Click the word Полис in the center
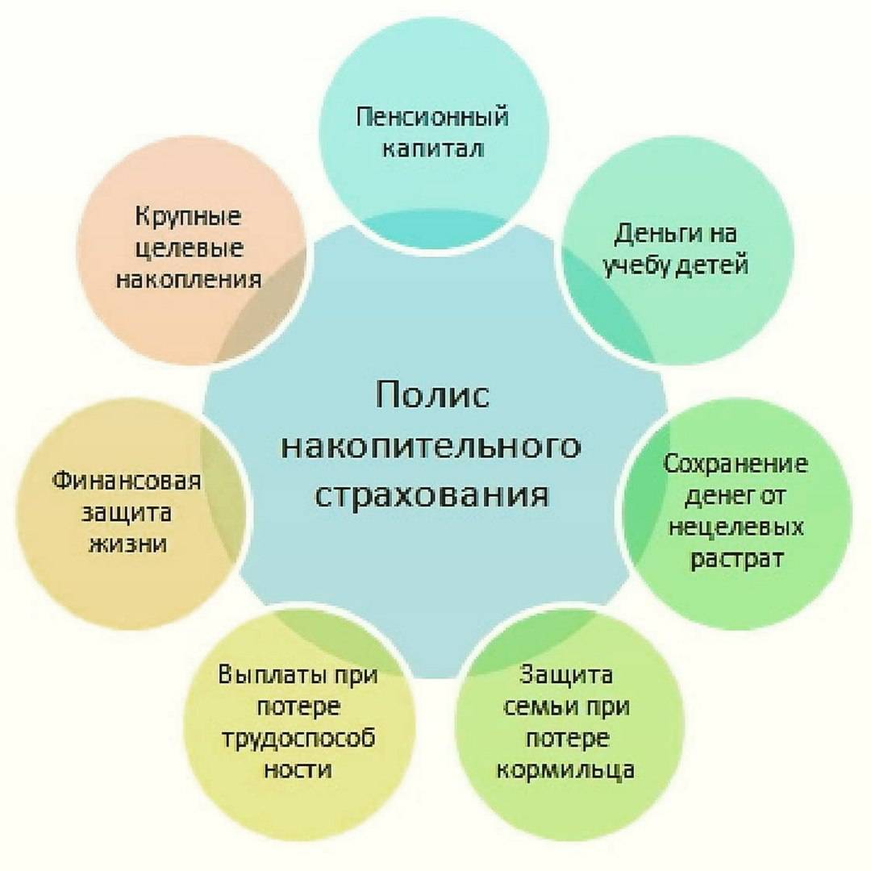[x=432, y=394]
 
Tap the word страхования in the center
[x=431, y=495]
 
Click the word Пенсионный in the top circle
[x=431, y=118]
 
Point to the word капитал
[x=433, y=149]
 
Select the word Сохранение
[x=736, y=463]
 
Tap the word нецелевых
[x=736, y=526]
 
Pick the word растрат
[x=736, y=558]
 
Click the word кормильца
[x=565, y=771]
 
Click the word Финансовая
[x=126, y=481]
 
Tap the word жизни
[x=127, y=544]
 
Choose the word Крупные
[x=188, y=217]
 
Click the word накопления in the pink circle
[x=188, y=279]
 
